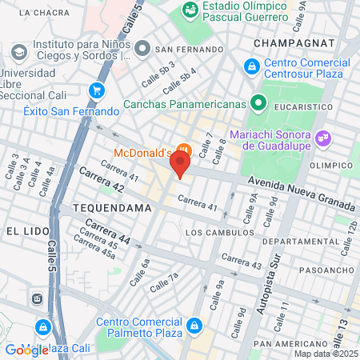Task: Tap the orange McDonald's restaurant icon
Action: pos(185,150)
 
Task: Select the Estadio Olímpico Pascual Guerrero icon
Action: pos(190,10)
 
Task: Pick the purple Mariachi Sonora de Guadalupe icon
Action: pos(323,136)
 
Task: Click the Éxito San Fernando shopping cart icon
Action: pos(98,90)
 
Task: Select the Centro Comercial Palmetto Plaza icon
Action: pos(195,326)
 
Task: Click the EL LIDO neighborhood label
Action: pos(23,230)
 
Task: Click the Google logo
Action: pos(26,350)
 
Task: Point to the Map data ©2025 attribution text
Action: pos(324,354)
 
